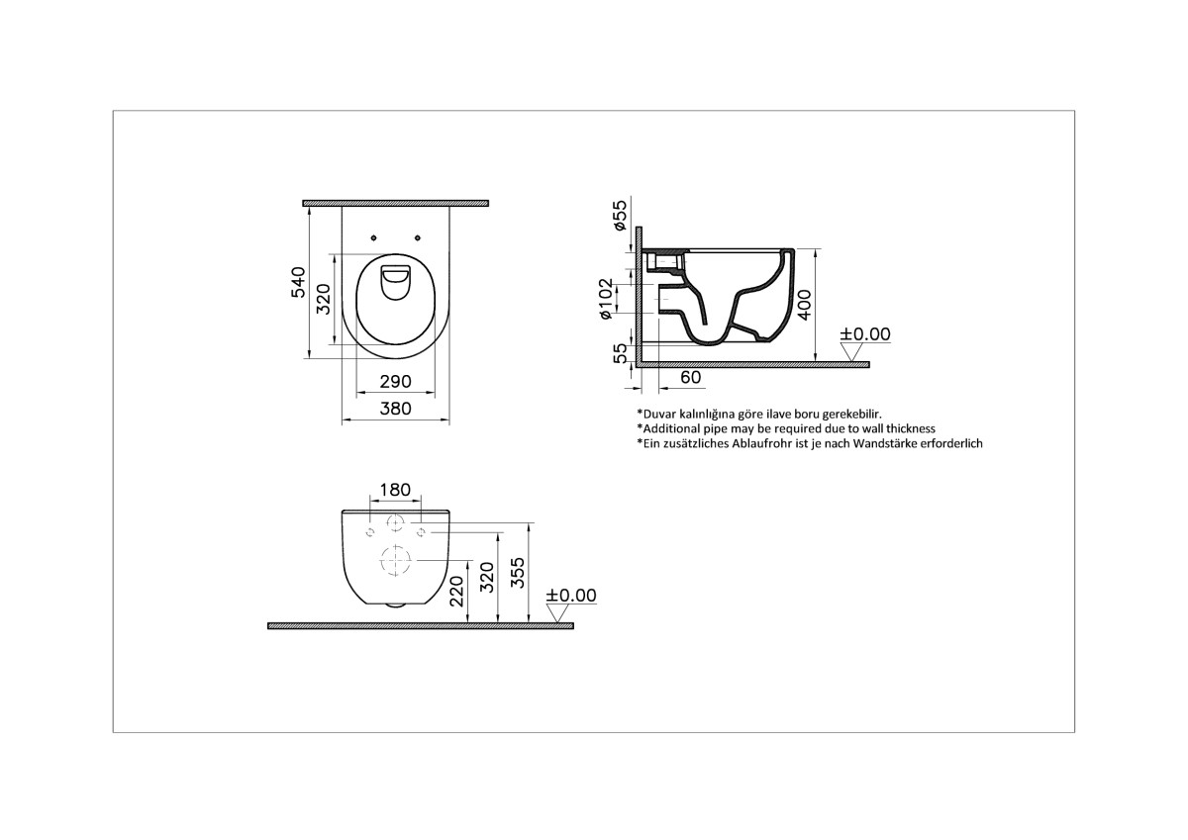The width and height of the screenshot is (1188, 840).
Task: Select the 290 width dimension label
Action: [394, 382]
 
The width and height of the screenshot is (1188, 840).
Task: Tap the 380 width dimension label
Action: [394, 408]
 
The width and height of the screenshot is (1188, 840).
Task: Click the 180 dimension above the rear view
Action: [395, 490]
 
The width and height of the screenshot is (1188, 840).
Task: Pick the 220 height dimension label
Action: [456, 592]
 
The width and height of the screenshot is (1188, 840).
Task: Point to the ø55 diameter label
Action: [619, 215]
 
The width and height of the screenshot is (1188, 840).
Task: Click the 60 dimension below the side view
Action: [690, 377]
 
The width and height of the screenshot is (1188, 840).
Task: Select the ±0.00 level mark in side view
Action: [864, 334]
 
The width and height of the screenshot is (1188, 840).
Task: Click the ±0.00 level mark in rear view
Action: [571, 596]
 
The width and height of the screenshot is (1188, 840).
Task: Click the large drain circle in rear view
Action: [395, 561]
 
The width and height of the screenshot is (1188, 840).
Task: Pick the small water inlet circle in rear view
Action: [395, 525]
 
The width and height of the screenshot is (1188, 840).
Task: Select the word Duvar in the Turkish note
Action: [659, 413]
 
